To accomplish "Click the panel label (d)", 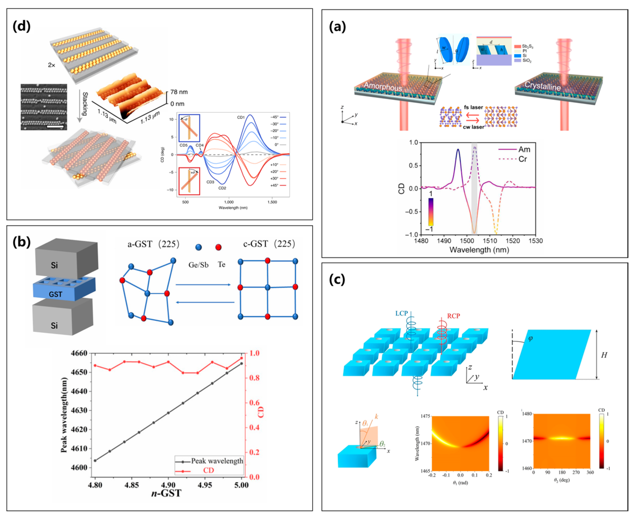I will point(22,27).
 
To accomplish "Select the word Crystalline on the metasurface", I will point(542,86).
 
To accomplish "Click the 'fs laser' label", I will point(473,107).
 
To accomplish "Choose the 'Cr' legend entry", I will point(523,159).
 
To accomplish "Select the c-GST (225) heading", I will point(269,244).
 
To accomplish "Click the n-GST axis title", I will point(166,493).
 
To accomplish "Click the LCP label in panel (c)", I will point(401,313).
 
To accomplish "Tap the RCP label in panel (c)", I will point(453,316).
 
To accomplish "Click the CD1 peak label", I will point(241,117).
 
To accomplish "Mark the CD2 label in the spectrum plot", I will point(222,188).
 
